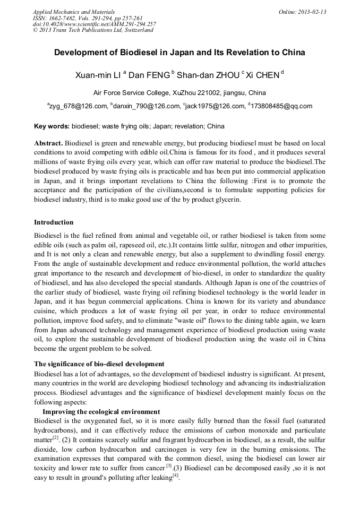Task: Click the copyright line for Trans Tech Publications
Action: [93, 30]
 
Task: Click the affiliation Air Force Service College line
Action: [179, 92]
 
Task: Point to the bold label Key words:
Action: [52, 126]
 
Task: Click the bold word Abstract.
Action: [48, 144]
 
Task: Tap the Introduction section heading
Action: [54, 222]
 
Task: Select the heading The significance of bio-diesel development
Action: [99, 364]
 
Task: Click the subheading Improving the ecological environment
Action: [101, 412]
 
